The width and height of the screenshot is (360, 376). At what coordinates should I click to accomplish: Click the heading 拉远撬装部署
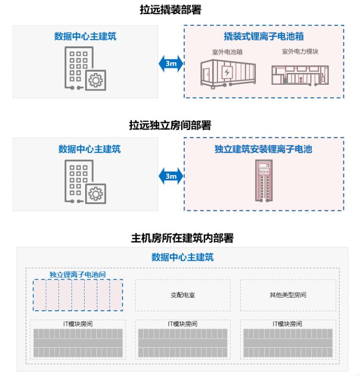[x=170, y=10]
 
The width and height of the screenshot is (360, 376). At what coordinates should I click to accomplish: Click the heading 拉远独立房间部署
[x=170, y=125]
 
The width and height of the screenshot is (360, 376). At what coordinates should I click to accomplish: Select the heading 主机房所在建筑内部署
[x=182, y=238]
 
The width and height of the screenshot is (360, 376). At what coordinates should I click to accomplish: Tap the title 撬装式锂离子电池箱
[x=264, y=37]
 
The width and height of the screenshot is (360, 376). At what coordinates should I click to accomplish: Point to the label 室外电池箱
[x=227, y=52]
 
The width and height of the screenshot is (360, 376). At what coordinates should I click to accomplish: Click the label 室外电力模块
[x=300, y=51]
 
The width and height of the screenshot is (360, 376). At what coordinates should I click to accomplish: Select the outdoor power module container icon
[x=300, y=75]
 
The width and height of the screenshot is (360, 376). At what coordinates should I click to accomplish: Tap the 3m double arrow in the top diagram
[x=171, y=63]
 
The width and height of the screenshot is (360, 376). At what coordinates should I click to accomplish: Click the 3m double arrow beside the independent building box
[x=171, y=176]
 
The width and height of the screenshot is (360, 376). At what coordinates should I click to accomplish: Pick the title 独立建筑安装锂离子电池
[x=264, y=149]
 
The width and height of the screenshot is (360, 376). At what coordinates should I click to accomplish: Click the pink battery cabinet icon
[x=264, y=181]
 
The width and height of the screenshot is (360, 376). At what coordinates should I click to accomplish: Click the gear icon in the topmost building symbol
[x=95, y=80]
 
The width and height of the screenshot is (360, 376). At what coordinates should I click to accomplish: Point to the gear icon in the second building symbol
[x=95, y=194]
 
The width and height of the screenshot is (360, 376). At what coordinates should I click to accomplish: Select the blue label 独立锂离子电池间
[x=78, y=274]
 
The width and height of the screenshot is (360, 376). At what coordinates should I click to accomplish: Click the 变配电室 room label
[x=183, y=295]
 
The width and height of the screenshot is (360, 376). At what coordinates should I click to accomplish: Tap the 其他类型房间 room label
[x=288, y=295]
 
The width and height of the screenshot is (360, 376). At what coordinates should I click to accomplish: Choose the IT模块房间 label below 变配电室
[x=182, y=324]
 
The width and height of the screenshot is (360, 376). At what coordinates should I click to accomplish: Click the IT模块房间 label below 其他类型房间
[x=288, y=324]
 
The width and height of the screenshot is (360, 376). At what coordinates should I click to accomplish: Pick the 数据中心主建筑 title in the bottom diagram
[x=182, y=257]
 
